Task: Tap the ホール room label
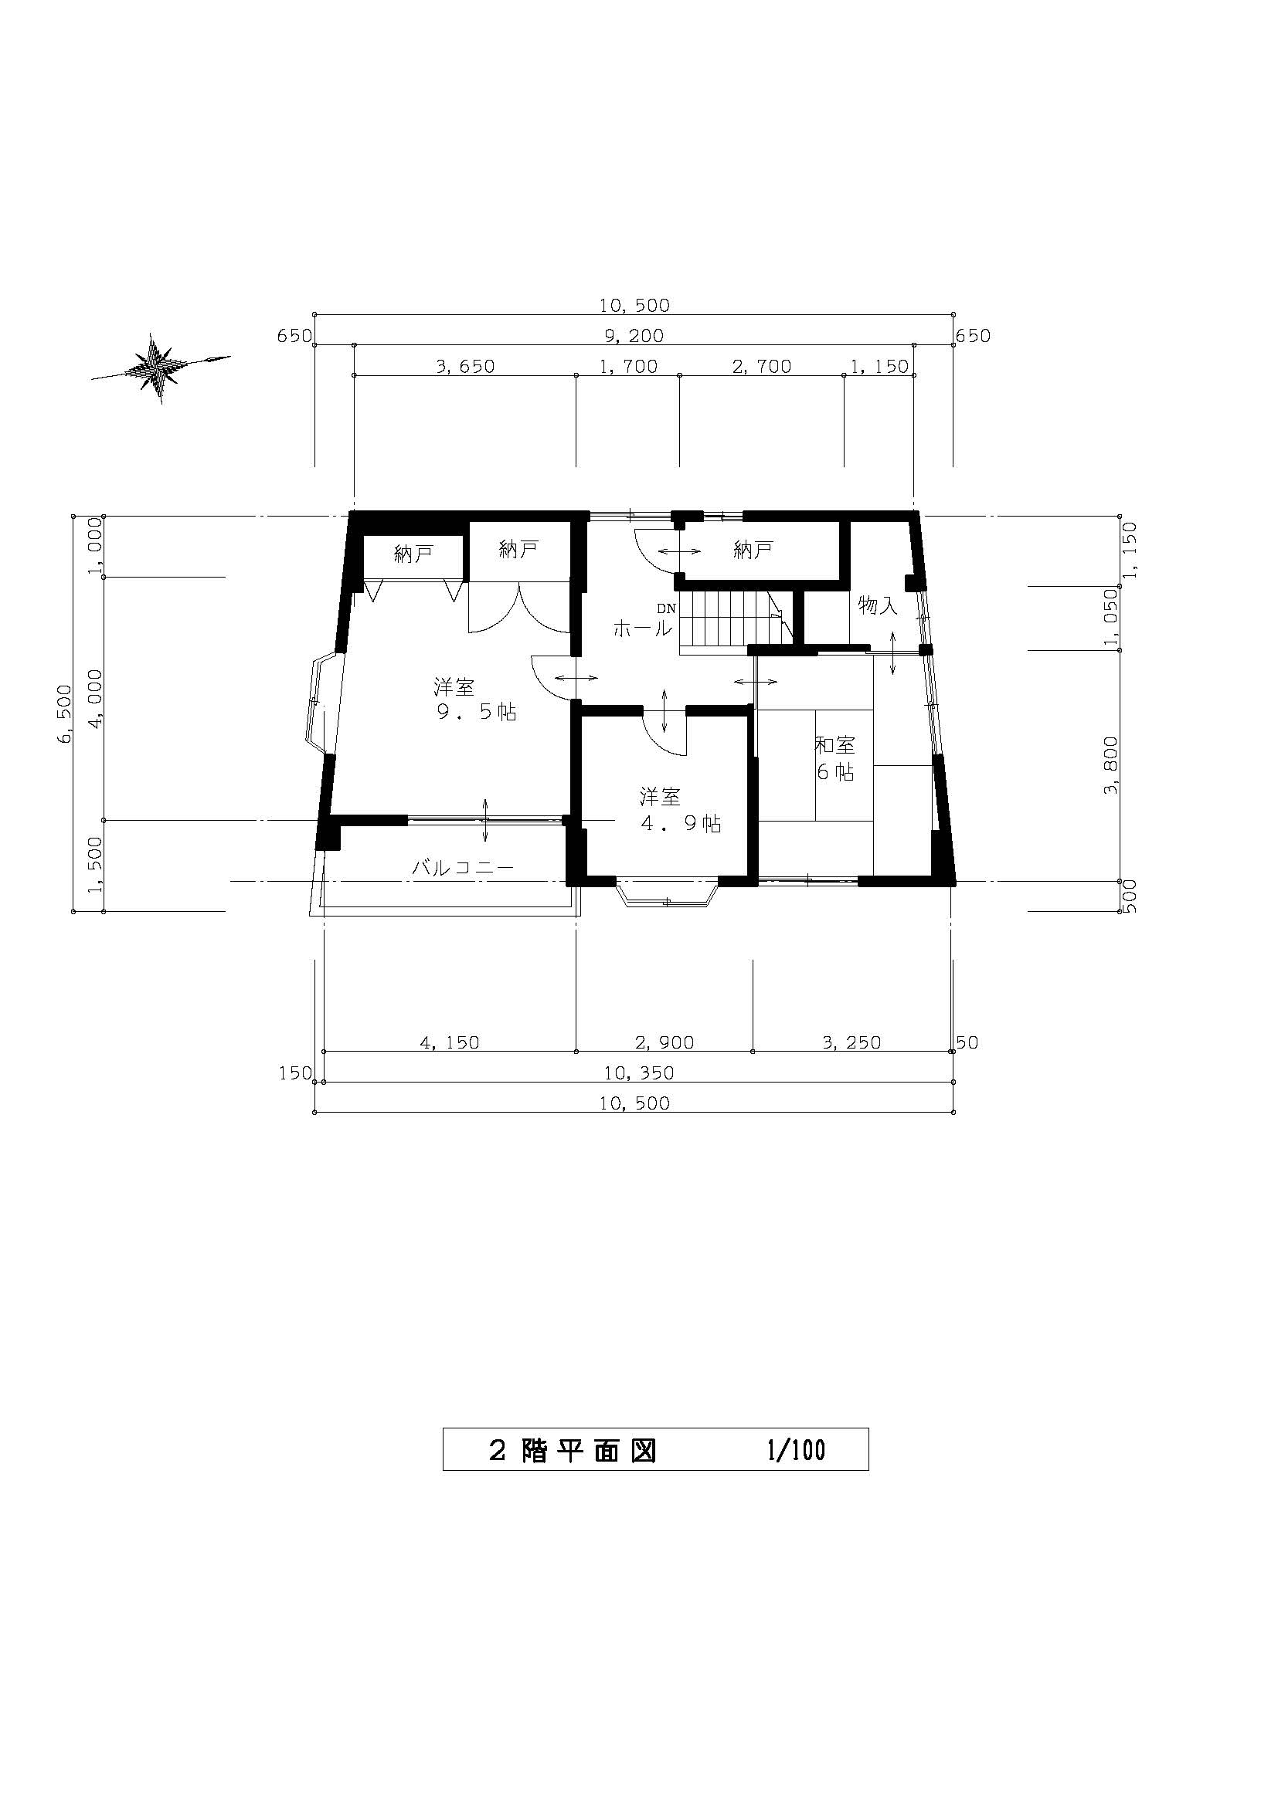click(642, 629)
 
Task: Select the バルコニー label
click(463, 869)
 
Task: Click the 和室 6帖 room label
click(835, 758)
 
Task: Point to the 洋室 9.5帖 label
click(475, 700)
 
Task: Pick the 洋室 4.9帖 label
click(681, 811)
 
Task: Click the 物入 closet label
click(878, 605)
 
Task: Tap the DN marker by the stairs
click(667, 608)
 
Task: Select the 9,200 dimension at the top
click(634, 336)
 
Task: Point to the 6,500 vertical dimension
click(65, 713)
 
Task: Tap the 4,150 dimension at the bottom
click(450, 1043)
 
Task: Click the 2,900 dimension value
click(664, 1043)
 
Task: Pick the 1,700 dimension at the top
click(628, 367)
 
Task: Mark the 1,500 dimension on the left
click(96, 865)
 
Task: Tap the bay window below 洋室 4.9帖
click(668, 893)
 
